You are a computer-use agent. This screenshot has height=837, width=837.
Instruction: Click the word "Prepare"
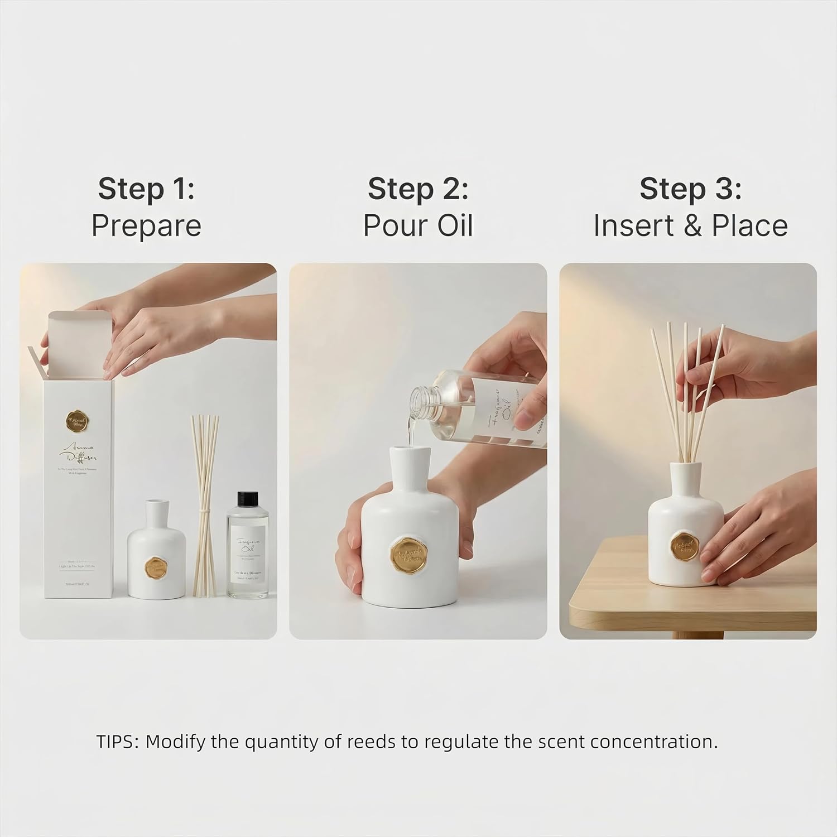[x=146, y=226]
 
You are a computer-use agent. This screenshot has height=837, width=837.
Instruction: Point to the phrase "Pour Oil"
[x=418, y=226]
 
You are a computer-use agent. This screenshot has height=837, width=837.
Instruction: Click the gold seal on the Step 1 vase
[x=157, y=568]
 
